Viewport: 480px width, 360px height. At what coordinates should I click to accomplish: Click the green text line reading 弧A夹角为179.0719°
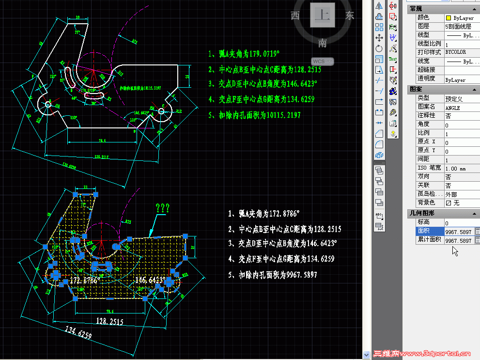244,54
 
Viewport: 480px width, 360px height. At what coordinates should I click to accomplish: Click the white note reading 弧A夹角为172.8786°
269,213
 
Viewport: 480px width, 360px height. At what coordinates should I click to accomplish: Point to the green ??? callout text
162,208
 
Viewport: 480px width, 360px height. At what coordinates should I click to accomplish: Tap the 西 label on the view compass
295,16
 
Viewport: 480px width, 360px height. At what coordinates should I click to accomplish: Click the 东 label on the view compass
350,16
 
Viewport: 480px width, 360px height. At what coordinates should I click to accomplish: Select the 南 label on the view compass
323,44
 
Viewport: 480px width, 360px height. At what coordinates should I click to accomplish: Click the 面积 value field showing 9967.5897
458,232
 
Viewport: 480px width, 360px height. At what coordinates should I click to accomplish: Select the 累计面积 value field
458,240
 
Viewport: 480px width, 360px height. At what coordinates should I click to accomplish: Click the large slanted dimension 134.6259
78,334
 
